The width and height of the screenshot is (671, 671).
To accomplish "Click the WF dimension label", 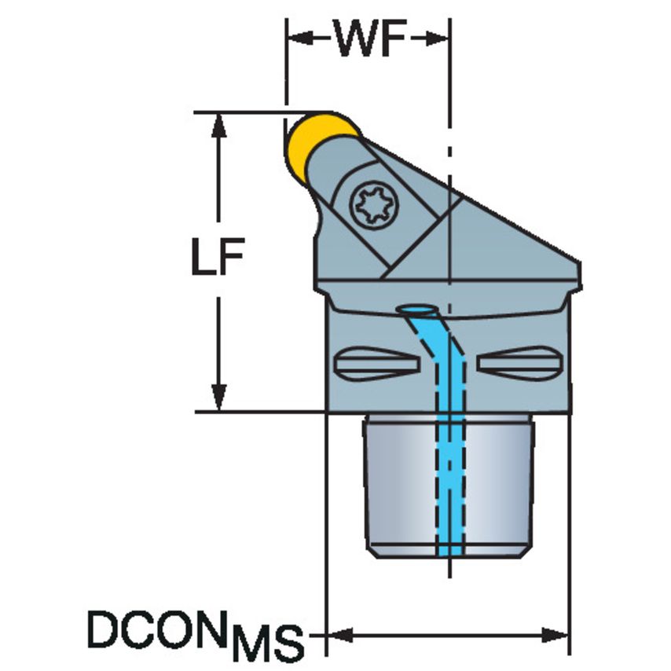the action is coord(371,38).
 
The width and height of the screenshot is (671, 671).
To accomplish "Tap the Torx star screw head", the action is coord(374,205).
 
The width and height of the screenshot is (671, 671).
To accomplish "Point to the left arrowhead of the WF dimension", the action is coord(299,38).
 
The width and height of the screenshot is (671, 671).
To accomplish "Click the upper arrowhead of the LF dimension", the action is coord(219,126).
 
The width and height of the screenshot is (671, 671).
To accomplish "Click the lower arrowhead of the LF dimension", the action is coord(219,398).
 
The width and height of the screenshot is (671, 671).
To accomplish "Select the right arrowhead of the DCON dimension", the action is coord(555,635).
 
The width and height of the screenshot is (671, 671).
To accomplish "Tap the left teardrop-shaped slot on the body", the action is coord(376,364).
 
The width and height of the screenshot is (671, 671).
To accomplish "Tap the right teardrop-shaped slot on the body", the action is coord(520,364).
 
